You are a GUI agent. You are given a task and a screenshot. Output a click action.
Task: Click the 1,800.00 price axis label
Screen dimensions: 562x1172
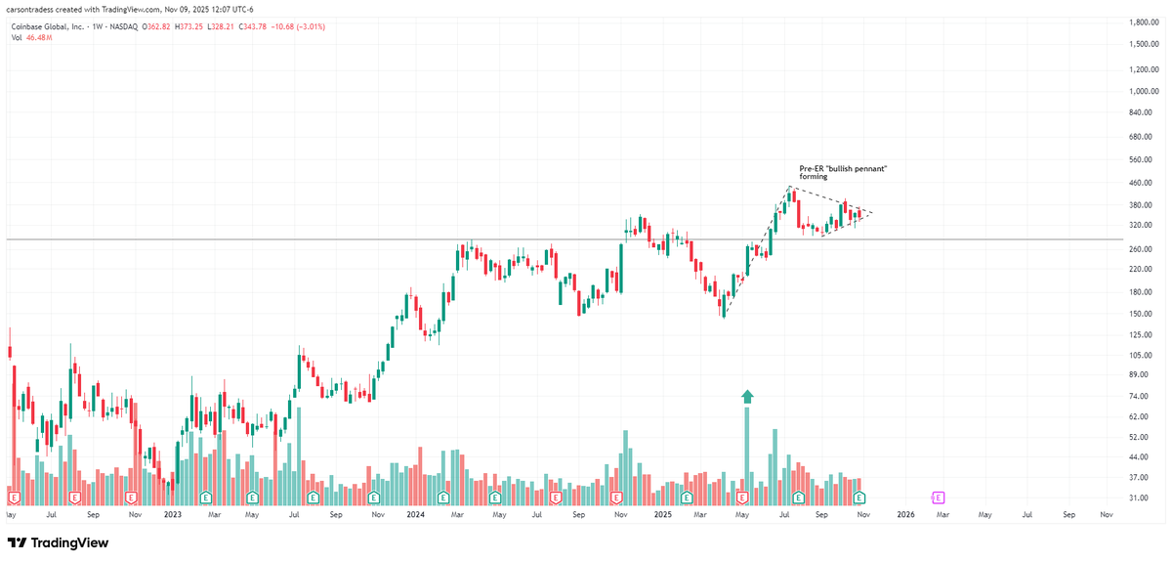(x=1142, y=22)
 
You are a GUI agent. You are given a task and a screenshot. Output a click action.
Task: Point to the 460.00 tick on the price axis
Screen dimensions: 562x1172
(x=1142, y=183)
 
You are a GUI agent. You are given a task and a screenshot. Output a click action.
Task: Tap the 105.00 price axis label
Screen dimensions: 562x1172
(x=1142, y=355)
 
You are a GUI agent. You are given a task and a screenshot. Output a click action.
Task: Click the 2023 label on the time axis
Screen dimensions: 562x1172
(x=173, y=513)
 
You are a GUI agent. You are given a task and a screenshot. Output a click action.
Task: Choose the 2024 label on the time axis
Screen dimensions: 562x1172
(x=416, y=513)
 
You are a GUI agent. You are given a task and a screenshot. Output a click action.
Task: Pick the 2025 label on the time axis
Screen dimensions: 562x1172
(x=663, y=513)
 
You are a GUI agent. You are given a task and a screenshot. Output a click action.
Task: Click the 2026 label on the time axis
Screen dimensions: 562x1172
(x=905, y=513)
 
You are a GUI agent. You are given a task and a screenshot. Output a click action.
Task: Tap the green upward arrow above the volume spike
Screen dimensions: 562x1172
(x=747, y=396)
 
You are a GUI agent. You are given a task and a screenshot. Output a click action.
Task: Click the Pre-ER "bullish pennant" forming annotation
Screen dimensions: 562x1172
(x=836, y=173)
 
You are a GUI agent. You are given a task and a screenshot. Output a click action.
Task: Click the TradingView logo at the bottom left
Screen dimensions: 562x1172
(x=59, y=543)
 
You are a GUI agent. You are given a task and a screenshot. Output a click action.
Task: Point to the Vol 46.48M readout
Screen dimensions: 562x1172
(x=31, y=37)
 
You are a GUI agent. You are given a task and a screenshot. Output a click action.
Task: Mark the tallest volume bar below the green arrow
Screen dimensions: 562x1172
(x=747, y=450)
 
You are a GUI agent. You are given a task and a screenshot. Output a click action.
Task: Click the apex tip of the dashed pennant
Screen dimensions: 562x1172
(x=872, y=213)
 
